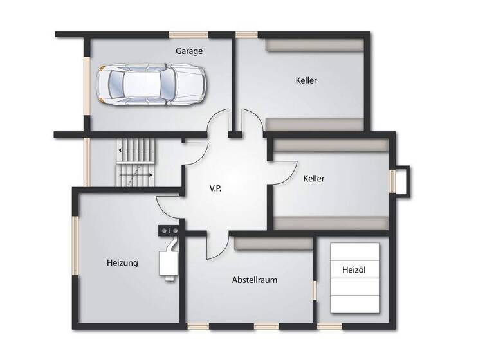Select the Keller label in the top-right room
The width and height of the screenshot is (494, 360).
click(307, 80)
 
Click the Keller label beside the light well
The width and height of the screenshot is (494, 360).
click(314, 178)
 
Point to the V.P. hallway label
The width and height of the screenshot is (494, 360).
click(215, 189)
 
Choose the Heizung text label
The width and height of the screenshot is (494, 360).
click(122, 262)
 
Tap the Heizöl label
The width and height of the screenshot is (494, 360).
click(353, 271)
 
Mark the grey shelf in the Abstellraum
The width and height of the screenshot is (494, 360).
click(273, 244)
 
